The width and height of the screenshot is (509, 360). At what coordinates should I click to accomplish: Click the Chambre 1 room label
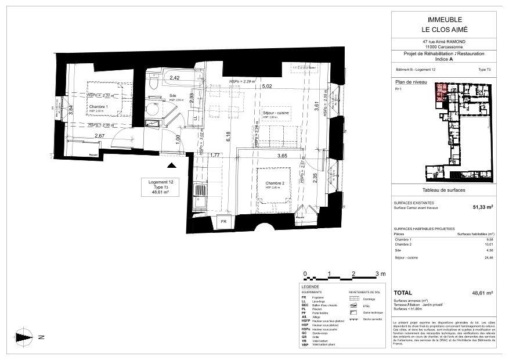tap(99, 107)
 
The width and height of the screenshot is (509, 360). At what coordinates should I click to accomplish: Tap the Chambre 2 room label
tap(275, 183)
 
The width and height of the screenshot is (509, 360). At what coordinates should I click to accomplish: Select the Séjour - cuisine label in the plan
tap(276, 113)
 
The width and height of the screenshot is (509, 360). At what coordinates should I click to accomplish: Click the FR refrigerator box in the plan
tap(223, 221)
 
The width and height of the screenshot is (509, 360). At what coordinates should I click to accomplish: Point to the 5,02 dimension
tap(268, 87)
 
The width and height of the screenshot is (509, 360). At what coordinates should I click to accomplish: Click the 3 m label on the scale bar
tap(380, 273)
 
